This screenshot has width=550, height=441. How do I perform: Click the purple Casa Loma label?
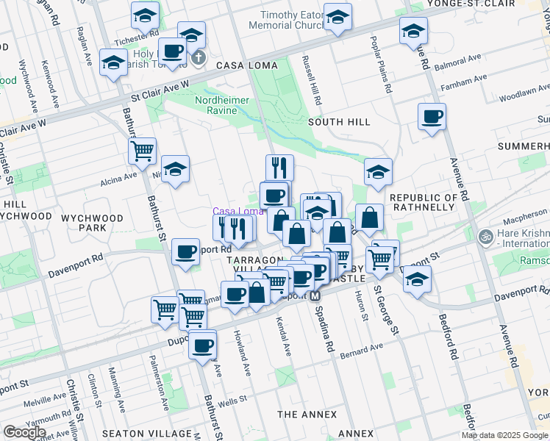(238, 211)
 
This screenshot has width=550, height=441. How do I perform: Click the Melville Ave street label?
(43, 402)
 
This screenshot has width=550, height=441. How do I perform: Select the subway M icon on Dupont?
(315, 295)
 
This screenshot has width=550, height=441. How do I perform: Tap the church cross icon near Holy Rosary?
(197, 57)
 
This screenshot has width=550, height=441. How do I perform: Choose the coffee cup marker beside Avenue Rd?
(432, 116)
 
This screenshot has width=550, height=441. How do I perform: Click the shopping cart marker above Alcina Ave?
(142, 151)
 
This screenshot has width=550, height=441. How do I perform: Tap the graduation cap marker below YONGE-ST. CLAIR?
(413, 32)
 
